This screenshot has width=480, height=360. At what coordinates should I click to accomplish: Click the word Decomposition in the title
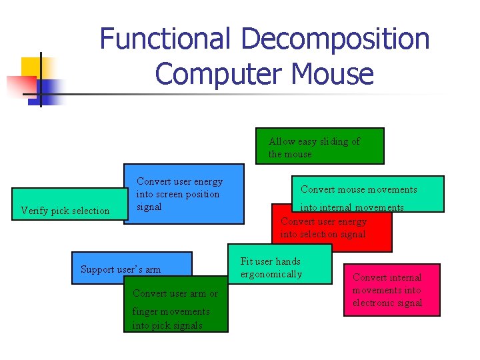click(335, 39)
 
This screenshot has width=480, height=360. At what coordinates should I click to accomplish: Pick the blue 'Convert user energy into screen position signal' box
click(183, 194)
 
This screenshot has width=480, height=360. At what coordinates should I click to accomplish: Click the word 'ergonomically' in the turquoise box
click(271, 274)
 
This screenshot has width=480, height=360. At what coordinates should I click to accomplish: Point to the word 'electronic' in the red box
click(397, 303)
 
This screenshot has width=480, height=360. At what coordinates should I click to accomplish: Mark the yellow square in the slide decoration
click(32, 67)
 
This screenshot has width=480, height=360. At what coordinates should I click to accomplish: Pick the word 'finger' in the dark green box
click(146, 311)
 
